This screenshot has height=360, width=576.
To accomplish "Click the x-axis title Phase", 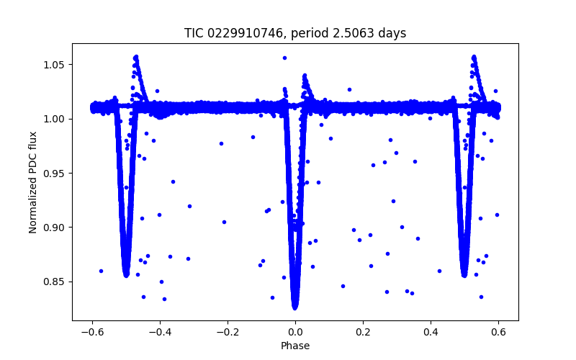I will (x=295, y=346).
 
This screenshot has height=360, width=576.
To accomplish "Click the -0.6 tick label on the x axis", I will (x=92, y=332).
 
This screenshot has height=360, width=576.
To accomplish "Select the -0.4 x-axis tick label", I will (x=160, y=332).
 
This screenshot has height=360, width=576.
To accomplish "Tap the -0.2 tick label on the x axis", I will (x=228, y=332).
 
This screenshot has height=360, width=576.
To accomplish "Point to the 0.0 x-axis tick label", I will (x=295, y=332).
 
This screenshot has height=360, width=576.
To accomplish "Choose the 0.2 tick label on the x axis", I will (x=363, y=332).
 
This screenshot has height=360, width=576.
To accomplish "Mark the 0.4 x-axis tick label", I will (x=431, y=332).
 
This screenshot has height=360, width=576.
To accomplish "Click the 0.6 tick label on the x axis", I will (x=498, y=332).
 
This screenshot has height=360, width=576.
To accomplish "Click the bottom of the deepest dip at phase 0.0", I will (x=295, y=307).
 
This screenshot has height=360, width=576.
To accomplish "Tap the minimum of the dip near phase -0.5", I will (x=127, y=274).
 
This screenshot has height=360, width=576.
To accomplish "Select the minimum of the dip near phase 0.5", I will (x=464, y=274).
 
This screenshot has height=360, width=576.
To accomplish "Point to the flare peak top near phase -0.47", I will (x=135, y=56).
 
